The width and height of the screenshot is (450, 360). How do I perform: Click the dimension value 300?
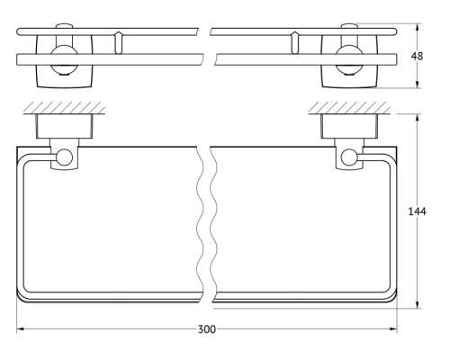tap(207, 329)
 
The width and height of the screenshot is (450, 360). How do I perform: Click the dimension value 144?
tap(417, 211)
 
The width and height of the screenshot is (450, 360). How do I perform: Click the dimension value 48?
tap(417, 56)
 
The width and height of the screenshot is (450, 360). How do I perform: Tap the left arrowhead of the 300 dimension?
tap(20, 329)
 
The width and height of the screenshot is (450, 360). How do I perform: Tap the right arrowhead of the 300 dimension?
tap(393, 329)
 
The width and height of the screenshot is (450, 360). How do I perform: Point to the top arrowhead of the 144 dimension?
tap(418, 118)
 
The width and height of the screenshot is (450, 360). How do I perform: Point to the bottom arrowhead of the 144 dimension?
tap(418, 304)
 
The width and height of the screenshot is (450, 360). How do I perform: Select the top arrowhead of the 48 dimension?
tap(418, 28)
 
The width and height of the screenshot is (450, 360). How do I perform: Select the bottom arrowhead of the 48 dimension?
tap(418, 85)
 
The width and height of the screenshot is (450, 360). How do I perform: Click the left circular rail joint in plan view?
tap(64, 157)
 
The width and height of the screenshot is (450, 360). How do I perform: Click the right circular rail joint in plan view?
tap(349, 157)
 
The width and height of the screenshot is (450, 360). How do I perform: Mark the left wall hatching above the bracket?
tap(64, 108)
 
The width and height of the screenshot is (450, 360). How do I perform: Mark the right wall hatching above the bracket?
tap(349, 108)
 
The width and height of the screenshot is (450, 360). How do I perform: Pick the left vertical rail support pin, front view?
tap(119, 42)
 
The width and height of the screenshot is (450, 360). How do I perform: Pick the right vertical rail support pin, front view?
tap(295, 42)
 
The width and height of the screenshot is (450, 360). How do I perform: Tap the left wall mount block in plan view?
tap(65, 126)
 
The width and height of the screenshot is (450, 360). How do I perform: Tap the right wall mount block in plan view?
tap(349, 126)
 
